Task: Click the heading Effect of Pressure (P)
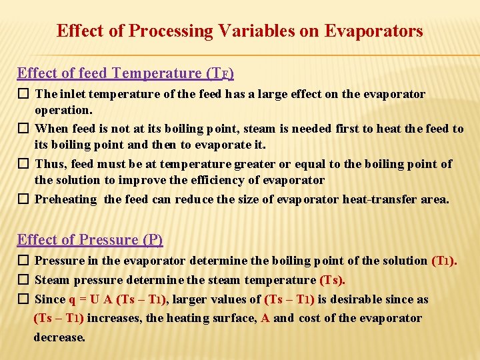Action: tap(90, 239)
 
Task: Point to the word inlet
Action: tap(71, 94)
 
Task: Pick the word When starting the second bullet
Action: tap(51, 129)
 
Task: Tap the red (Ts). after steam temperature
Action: tap(333, 280)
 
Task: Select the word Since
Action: tap(50, 299)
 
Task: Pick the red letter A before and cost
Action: tap(265, 318)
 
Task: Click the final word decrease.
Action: tap(59, 337)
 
